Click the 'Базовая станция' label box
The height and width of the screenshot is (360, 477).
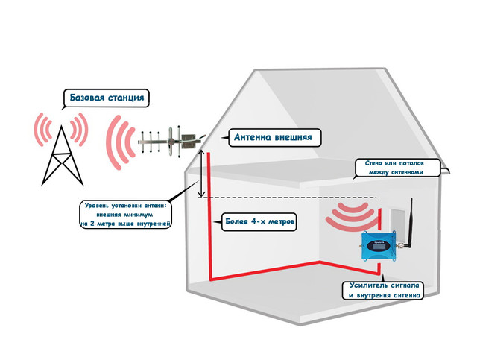pyautogui.click(x=106, y=98)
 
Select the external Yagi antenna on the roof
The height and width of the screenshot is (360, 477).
pyautogui.click(x=171, y=141)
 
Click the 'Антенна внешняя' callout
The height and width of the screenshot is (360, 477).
pyautogui.click(x=274, y=138)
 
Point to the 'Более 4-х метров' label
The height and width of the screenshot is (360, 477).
pyautogui.click(x=259, y=221)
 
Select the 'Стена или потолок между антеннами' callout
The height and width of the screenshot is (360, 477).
pyautogui.click(x=397, y=168)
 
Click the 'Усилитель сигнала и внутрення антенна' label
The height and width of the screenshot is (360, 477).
pyautogui.click(x=382, y=291)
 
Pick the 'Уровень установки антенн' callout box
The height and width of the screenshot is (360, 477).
pyautogui.click(x=124, y=215)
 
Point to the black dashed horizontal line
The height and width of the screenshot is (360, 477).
pyautogui.click(x=288, y=198)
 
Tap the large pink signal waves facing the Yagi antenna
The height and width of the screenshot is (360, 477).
pyautogui.click(x=120, y=142)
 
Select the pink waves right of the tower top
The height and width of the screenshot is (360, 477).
pyautogui.click(x=79, y=130)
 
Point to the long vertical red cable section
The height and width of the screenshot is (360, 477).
pyautogui.click(x=209, y=215)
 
